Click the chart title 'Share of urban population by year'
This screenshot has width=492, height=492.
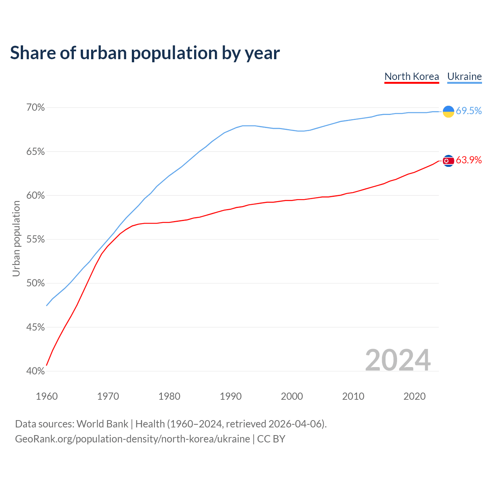coord(145,53)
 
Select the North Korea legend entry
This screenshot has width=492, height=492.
coord(412,76)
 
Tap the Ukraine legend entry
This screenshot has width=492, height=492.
coord(464,76)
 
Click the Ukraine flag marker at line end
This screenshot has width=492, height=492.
coord(448,111)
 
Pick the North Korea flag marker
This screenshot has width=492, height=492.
coord(448,161)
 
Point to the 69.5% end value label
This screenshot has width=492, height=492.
coord(469,111)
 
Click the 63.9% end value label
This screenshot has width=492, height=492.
coord(469,160)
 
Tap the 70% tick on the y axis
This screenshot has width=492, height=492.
coord(35,108)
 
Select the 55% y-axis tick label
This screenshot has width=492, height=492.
coord(35,239)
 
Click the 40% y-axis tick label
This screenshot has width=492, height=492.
coord(35,371)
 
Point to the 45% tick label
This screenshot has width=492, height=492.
coord(35,327)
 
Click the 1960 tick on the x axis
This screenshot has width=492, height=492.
coord(47,396)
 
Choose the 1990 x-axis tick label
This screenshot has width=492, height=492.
coord(231,396)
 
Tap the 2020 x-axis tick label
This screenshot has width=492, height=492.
coord(414,396)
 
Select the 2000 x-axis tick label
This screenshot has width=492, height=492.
coord(292,396)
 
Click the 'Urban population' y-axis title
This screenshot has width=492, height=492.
coord(16,239)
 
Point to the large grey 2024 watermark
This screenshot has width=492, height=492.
coord(398,360)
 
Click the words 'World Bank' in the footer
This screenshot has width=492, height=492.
coord(102,424)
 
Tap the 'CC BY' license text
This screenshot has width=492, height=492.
coord(271,439)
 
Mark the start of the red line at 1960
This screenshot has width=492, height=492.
coord(47,365)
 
